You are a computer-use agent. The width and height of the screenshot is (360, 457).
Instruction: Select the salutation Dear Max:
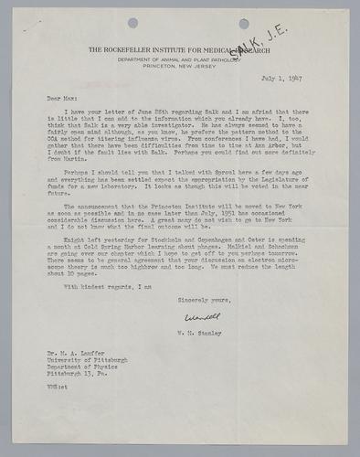[58, 94]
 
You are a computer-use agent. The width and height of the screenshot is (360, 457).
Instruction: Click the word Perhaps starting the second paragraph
[72, 172]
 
